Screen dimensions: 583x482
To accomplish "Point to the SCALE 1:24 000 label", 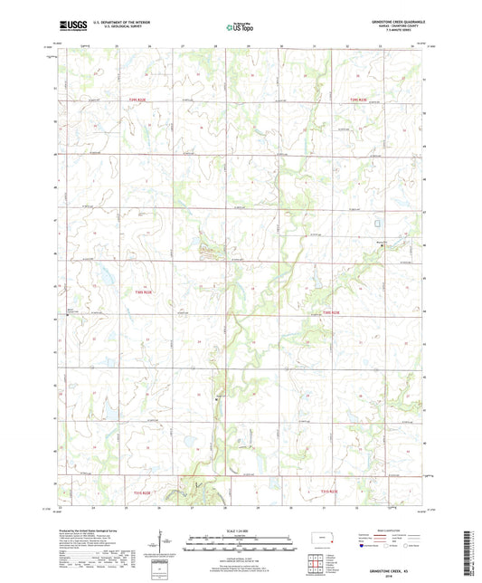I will pos(241,530).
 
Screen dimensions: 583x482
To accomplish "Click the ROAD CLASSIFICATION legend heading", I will pos(392,531).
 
